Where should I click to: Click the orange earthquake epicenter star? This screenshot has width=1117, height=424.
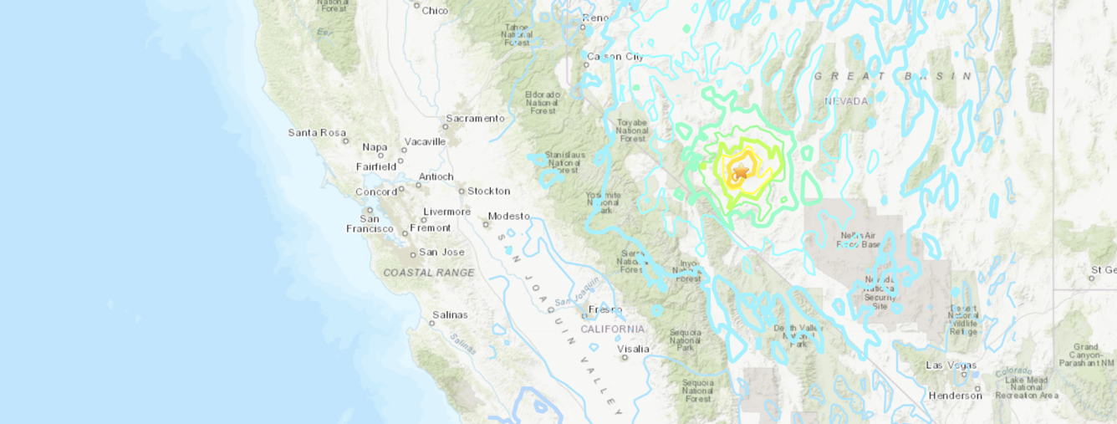click(740, 171)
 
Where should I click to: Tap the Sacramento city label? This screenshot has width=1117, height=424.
click(475, 118)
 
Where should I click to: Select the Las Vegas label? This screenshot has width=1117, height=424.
click(951, 365)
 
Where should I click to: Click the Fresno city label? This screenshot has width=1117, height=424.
click(604, 309)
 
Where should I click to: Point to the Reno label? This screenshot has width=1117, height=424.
click(595, 18)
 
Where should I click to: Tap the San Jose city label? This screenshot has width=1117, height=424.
click(441, 252)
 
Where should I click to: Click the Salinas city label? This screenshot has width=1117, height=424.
click(450, 315)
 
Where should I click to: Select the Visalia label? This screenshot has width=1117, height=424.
click(634, 348)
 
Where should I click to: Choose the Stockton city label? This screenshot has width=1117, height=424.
click(488, 191)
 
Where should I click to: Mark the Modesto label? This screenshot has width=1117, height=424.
click(508, 216)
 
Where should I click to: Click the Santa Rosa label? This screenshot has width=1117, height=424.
click(317, 132)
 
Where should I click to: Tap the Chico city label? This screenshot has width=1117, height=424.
click(435, 10)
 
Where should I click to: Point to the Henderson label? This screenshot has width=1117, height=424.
click(955, 395)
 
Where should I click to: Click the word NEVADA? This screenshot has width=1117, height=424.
click(846, 101)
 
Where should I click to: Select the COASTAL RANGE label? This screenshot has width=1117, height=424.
click(429, 273)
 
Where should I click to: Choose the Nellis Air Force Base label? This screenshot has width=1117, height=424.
click(859, 240)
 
